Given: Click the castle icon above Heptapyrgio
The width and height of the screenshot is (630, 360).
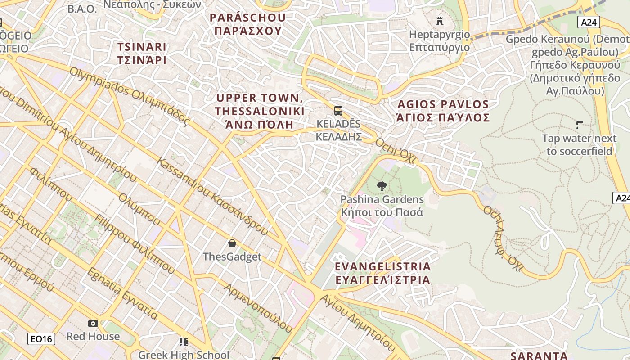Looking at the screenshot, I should pos(440,21).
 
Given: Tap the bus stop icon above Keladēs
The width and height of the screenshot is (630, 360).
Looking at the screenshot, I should pos(338,110).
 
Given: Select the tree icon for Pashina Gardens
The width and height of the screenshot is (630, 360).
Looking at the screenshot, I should pos(382,185).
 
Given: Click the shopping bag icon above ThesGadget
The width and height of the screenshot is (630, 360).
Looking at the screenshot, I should pos(232,243).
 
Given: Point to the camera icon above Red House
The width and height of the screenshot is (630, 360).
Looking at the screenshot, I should pos(93,323).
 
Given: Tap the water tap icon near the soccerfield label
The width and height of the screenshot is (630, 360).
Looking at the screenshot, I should pos(580,125).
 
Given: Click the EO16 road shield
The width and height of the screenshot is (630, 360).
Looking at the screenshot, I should pos(41,339).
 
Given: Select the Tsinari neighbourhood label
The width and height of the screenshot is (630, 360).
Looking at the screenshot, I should pos(142,54).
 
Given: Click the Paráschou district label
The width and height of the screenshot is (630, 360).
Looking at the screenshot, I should pos(247,24).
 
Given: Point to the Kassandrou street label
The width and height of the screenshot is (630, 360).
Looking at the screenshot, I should pos(211,196).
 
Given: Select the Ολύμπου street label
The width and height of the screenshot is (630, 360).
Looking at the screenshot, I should pos(139,210).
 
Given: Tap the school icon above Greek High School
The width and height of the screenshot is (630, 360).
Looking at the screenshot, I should pos(183,342).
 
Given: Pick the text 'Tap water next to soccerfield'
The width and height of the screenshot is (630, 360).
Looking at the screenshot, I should pos(579,145).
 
